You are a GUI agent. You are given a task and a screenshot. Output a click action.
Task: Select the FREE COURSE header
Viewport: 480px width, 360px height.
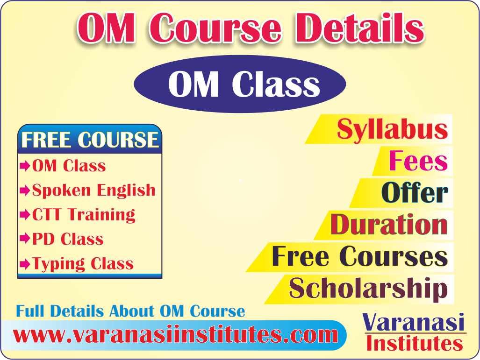(90, 140)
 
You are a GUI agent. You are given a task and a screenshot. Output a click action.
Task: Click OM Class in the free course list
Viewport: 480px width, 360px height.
(69, 166)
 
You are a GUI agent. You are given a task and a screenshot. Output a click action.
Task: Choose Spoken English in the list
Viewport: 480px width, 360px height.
(93, 190)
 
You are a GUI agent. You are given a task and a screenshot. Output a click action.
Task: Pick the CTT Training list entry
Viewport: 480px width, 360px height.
(84, 215)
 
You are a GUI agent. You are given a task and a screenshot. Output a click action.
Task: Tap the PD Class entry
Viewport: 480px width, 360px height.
(68, 239)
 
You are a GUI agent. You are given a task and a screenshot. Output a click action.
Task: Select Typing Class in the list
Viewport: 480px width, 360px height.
(83, 264)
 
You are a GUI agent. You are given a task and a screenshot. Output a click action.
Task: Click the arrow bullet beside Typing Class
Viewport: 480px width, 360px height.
(25, 264)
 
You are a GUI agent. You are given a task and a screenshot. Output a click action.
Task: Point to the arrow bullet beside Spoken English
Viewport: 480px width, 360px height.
(25, 191)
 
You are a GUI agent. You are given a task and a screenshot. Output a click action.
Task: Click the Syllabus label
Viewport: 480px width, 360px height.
(392, 129)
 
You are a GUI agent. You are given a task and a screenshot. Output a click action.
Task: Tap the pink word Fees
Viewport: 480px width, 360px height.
(418, 161)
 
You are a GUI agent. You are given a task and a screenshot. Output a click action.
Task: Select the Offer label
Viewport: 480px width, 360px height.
(415, 193)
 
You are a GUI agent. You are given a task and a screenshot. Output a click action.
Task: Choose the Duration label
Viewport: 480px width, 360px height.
(388, 225)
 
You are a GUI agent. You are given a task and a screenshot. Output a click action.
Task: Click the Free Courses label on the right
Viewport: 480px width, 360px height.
(359, 256)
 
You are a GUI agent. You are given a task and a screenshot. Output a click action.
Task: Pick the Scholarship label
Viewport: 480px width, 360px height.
(368, 289)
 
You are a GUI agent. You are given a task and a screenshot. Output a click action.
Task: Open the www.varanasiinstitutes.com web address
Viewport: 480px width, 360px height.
(176, 335)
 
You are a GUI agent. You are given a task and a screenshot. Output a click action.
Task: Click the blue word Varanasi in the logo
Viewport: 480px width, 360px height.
(414, 323)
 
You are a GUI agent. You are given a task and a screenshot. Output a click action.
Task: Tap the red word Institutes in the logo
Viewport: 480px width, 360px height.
(415, 344)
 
